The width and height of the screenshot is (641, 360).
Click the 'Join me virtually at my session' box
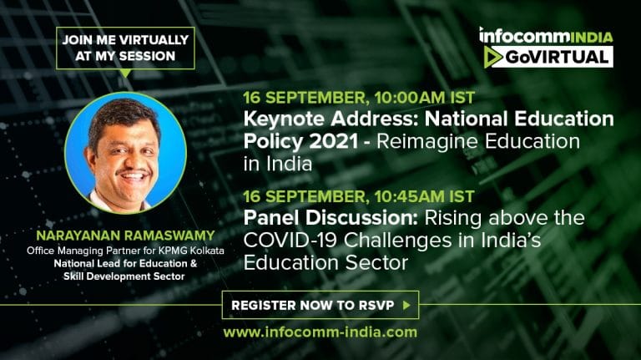(125, 48)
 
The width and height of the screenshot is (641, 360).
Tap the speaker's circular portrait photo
(125, 153)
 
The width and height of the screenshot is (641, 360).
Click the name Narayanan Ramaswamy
(125, 236)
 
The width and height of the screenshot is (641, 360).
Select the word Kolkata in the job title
(207, 251)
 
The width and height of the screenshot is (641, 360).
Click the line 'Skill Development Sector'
(124, 276)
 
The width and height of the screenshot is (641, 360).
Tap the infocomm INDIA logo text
(546, 36)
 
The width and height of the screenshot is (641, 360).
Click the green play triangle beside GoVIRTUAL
(492, 57)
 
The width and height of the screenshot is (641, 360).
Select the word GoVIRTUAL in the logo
(557, 58)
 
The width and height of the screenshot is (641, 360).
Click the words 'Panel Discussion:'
(331, 218)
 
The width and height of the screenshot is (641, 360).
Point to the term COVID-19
(290, 241)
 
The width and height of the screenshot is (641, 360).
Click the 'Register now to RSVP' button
(320, 305)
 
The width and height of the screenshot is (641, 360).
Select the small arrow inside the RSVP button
(406, 305)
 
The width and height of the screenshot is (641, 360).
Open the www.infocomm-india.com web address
(320, 332)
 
